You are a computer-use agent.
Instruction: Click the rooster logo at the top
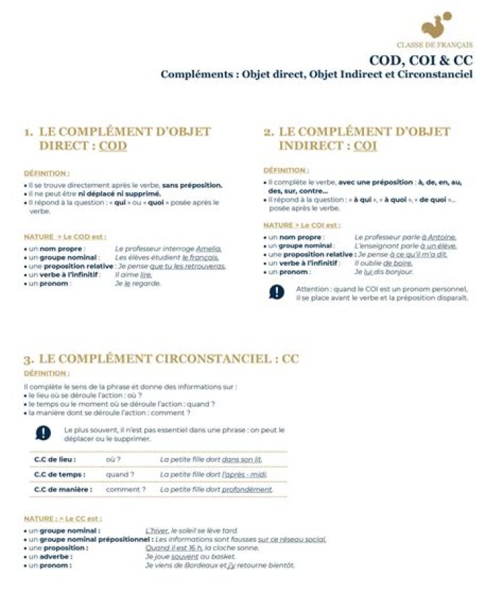tap(437, 27)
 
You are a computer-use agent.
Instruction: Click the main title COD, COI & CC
tap(421, 60)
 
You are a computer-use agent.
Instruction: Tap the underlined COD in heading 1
tap(112, 146)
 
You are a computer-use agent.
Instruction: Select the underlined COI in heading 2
tap(365, 146)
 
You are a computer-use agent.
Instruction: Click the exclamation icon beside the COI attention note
tap(276, 292)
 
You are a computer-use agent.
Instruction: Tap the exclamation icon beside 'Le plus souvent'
tap(43, 433)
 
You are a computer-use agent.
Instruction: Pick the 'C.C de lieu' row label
tap(55, 459)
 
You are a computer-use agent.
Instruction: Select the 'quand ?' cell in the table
tap(119, 475)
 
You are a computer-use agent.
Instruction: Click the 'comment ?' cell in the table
tap(126, 490)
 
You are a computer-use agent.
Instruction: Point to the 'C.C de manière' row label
tap(63, 490)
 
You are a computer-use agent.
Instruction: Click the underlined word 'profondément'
tap(247, 490)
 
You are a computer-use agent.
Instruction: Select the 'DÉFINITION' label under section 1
tap(47, 172)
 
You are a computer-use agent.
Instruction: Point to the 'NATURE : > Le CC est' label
tap(62, 519)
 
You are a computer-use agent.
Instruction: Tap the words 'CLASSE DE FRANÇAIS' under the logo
tap(434, 45)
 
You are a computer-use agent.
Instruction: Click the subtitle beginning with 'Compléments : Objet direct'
tap(316, 74)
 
